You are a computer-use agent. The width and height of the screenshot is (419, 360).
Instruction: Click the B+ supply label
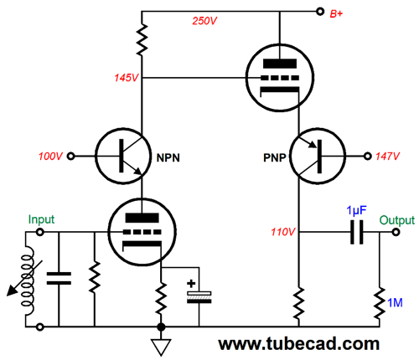click(336, 13)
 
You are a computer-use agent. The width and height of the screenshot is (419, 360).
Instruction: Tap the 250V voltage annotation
click(204, 21)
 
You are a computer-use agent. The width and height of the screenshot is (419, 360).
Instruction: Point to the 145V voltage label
click(127, 78)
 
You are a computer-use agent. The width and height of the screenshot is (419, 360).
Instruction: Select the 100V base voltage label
click(50, 157)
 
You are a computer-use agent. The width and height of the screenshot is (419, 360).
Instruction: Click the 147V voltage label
click(388, 157)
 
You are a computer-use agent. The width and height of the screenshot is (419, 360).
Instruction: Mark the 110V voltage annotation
click(283, 232)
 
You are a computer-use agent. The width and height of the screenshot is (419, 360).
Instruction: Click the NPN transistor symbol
click(123, 156)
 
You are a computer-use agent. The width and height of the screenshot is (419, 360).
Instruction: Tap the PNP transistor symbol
click(318, 156)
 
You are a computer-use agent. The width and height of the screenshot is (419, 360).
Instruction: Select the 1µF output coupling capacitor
click(357, 232)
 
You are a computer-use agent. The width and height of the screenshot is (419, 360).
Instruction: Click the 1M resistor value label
click(395, 303)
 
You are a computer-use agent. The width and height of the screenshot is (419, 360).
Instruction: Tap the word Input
click(41, 219)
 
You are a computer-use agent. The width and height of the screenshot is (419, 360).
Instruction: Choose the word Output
click(397, 220)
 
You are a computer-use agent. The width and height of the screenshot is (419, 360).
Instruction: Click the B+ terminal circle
click(320, 12)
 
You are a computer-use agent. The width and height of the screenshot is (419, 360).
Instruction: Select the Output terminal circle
click(396, 232)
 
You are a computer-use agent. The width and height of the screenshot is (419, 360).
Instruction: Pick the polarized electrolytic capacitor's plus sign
click(191, 284)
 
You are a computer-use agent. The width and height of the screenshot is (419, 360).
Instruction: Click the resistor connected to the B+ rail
click(142, 39)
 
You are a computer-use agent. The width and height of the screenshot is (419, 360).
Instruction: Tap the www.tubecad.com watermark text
click(299, 344)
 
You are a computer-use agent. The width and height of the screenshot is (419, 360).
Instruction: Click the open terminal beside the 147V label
click(368, 157)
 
